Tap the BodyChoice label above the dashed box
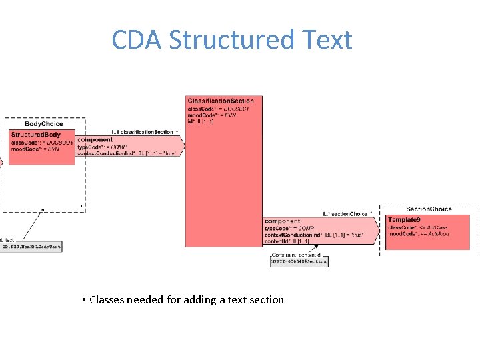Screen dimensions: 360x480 (44, 123)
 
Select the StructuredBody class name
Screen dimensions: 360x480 (36, 135)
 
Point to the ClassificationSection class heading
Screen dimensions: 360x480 (221, 101)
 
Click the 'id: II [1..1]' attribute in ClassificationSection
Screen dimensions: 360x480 (201, 121)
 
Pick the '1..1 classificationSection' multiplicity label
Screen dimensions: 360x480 (143, 132)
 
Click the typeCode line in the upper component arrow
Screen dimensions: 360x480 (102, 147)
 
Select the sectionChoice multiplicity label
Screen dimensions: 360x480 (347, 214)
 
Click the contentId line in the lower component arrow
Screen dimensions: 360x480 (287, 241)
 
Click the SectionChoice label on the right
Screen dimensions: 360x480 (429, 209)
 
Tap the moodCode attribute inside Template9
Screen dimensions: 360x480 (418, 234)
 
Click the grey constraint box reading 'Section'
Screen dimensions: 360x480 (299, 262)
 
